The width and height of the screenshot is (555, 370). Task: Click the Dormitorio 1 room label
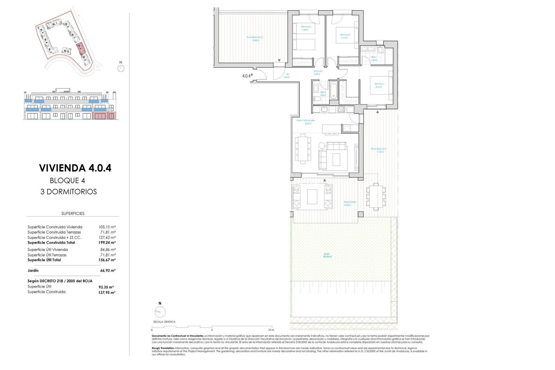tap(379, 85)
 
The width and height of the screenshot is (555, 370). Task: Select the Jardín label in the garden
tap(327, 255)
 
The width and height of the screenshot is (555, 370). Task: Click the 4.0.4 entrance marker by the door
tap(246, 76)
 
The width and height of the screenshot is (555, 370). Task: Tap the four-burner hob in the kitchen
tap(341, 109)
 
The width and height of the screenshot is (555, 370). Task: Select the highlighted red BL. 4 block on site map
tap(80, 48)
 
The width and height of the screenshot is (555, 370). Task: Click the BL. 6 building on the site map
tap(66, 51)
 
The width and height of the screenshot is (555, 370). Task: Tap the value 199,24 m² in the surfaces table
tap(107, 243)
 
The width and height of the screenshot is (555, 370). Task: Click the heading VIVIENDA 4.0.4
tap(75, 168)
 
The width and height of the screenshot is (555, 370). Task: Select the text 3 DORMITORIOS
tap(69, 192)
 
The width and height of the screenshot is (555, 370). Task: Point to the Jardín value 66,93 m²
tap(108, 271)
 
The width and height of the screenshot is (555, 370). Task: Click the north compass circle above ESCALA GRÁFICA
tap(160, 312)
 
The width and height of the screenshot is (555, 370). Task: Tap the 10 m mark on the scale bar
tap(271, 330)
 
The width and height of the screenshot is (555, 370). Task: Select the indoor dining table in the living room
tap(303, 149)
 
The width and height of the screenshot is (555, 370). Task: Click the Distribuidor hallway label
tap(318, 72)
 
